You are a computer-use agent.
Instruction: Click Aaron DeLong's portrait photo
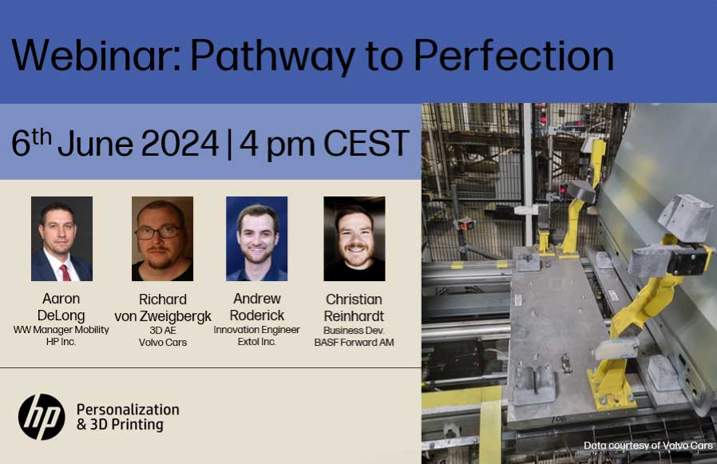(x=61, y=239)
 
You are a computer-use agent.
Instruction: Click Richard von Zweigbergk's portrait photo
(x=162, y=239)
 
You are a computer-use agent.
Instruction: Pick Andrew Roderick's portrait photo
(x=256, y=239)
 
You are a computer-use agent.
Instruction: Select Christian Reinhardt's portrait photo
(x=355, y=239)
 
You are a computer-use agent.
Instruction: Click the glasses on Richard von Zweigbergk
(x=158, y=232)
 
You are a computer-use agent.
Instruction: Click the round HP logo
(x=42, y=417)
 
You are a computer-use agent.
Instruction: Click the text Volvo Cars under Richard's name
(x=162, y=343)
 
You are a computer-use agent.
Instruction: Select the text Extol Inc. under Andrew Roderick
(x=256, y=342)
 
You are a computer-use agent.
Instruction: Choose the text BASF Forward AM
(x=355, y=343)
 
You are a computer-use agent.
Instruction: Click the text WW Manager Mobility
(x=61, y=329)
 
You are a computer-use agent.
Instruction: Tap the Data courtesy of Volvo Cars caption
(x=648, y=446)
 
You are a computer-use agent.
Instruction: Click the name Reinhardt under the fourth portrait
(x=355, y=315)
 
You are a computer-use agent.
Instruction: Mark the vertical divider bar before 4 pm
(x=229, y=144)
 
